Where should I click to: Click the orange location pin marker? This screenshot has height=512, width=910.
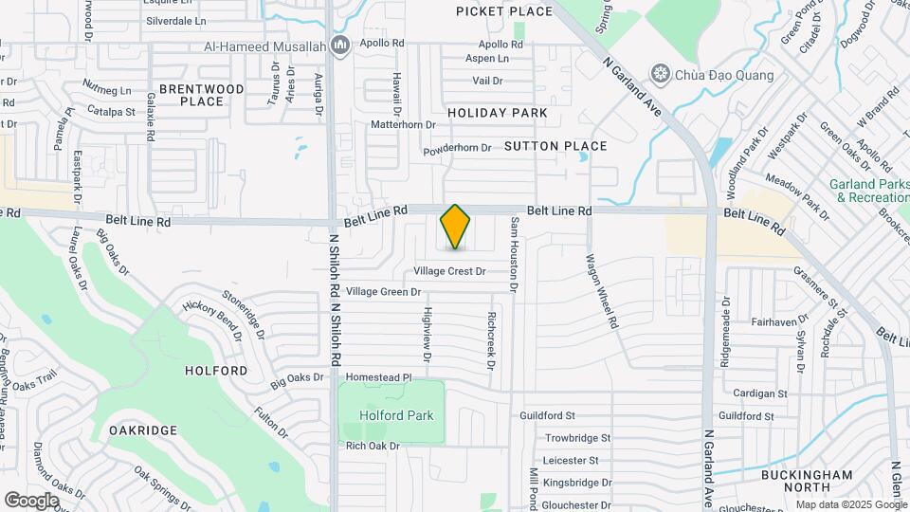point(456,227)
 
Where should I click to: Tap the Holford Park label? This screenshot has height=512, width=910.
point(395,415)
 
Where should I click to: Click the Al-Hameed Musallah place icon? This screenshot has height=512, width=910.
point(342,45)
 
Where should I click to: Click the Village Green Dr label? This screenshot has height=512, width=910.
point(383,291)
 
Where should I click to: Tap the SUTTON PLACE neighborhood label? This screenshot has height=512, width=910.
point(555,146)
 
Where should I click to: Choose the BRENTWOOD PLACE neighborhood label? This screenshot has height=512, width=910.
point(201,95)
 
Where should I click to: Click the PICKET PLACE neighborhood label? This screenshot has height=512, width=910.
point(503,11)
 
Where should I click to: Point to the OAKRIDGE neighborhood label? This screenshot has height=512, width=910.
point(143,430)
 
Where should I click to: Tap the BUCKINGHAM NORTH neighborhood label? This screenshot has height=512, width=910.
point(807,481)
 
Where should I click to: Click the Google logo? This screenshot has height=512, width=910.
point(31,500)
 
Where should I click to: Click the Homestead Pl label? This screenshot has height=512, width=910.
point(378,376)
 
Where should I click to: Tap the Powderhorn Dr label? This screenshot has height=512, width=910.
point(457,148)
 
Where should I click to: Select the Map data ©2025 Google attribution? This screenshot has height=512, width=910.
point(850,504)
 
